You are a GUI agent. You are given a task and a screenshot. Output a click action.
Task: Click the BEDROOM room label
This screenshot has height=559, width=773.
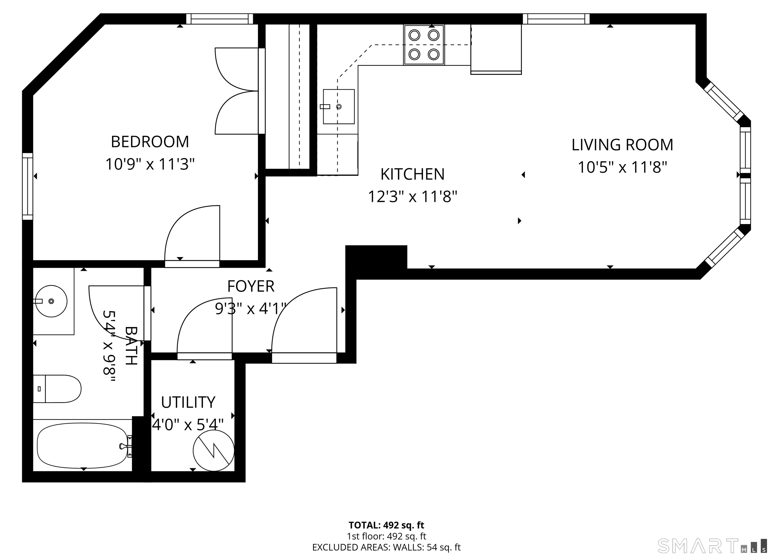click(150, 142)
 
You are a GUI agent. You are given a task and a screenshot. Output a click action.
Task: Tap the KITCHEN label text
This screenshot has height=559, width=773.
click(412, 175)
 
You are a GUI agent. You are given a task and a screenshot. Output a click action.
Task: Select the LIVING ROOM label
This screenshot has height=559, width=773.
click(622, 145)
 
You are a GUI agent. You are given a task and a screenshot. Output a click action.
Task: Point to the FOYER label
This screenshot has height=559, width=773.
click(251, 286)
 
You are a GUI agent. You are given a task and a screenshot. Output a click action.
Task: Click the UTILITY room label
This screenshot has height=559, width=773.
click(188, 402)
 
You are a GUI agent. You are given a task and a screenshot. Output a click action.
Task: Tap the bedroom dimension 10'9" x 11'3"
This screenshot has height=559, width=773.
click(150, 164)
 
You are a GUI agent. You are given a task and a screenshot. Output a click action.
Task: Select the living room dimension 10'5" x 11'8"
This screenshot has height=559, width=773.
click(622, 167)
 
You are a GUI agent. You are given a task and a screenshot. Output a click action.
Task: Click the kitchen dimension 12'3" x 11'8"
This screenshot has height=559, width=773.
click(412, 197)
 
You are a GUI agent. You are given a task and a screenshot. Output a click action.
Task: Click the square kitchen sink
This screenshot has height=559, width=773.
click(338, 107)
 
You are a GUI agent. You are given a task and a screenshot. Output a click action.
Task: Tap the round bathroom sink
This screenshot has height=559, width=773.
click(51, 301)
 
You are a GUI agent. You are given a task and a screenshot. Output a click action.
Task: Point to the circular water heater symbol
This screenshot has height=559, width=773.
click(214, 450)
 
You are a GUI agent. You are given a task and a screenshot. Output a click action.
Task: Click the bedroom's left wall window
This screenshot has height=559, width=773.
click(28, 186)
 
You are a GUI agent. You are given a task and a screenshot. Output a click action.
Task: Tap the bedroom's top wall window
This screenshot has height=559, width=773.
click(220, 19)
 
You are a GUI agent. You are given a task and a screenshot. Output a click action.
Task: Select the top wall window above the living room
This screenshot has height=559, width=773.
click(556, 19)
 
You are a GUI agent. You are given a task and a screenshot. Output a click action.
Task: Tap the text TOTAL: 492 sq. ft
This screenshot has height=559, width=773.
click(386, 525)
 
